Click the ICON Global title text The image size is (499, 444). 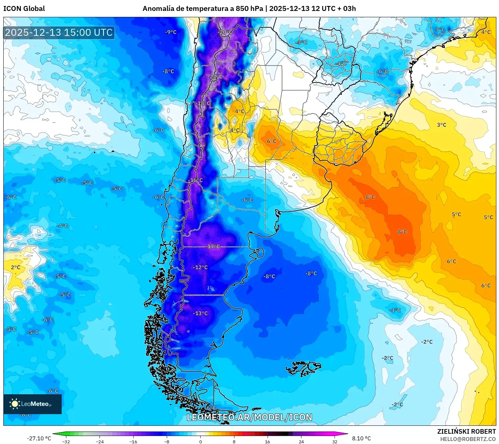[24, 9]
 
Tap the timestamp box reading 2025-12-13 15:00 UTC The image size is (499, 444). [59, 32]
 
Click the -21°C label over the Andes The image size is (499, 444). [216, 77]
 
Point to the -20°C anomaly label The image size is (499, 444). [225, 32]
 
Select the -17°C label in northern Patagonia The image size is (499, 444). [213, 246]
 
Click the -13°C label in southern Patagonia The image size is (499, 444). [201, 313]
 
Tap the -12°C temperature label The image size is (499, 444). [201, 267]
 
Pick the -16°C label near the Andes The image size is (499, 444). [196, 180]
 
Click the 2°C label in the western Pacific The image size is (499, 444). [16, 267]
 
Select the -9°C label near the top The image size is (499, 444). [171, 32]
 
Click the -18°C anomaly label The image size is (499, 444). [203, 103]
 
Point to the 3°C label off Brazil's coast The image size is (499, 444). [441, 125]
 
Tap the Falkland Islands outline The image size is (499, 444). [303, 368]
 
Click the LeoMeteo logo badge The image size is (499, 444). [32, 404]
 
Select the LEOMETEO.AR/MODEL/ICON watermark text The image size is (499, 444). [249, 417]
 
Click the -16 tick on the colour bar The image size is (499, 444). [133, 441]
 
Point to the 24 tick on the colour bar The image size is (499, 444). [301, 441]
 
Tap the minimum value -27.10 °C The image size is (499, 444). [39, 438]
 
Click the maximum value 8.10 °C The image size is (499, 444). [361, 438]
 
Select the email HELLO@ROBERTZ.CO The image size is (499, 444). [468, 439]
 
